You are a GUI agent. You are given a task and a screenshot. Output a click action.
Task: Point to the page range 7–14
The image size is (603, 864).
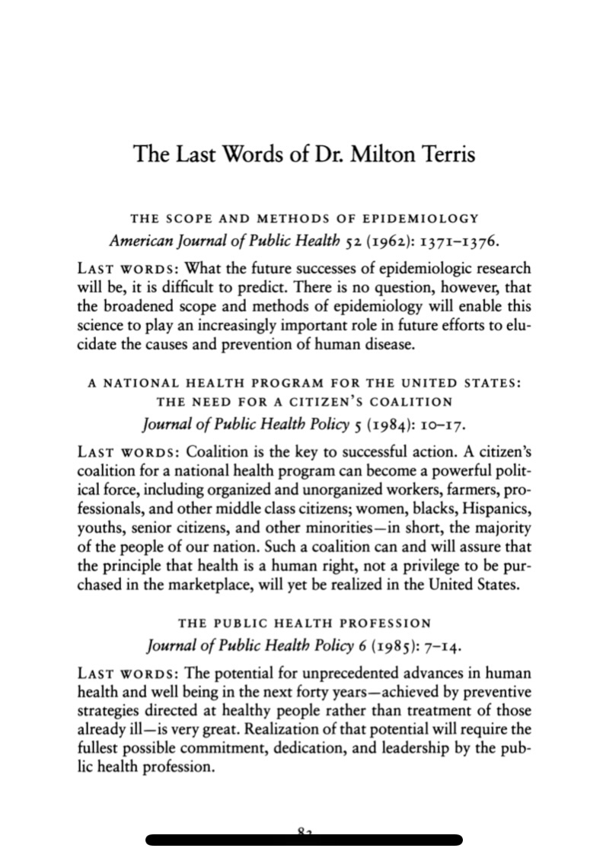[x=442, y=646]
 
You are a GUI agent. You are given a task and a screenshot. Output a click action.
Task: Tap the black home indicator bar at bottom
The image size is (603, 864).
[x=304, y=840]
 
